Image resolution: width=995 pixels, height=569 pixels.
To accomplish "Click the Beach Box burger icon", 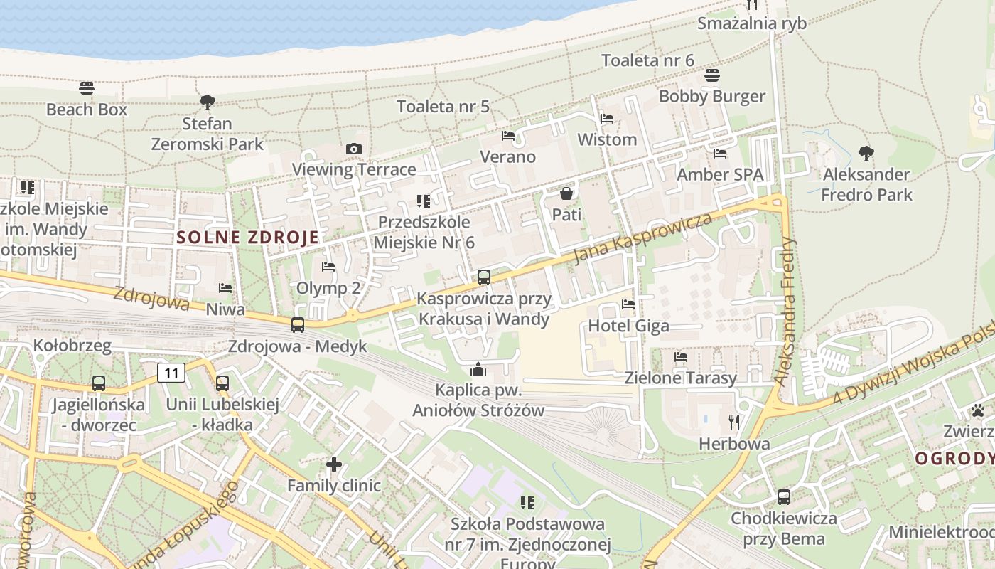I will (x=87, y=88).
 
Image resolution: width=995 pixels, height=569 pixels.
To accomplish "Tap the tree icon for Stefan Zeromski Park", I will (x=208, y=102).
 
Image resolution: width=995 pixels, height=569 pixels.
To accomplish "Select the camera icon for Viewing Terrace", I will (x=353, y=149).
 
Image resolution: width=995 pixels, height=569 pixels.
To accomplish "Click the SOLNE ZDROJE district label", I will (x=247, y=238).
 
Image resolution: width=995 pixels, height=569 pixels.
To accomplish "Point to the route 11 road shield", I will (x=171, y=372).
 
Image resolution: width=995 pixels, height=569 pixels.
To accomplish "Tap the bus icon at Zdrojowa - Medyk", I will (x=298, y=325).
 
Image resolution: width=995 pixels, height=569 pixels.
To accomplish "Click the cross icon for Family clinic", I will (x=334, y=465).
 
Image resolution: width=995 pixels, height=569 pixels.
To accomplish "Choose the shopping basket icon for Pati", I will (x=566, y=193).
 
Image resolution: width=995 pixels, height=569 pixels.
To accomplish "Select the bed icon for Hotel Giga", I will (x=628, y=305).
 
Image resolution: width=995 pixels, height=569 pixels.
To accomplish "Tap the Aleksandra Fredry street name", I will (x=787, y=311).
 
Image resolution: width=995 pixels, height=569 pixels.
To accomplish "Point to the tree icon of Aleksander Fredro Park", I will (x=866, y=153).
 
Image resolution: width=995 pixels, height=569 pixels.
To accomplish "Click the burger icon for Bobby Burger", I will (x=712, y=75).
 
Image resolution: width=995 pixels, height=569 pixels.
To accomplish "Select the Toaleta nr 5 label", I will (x=443, y=107).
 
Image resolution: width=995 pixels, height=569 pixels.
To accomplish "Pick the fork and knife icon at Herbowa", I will (x=734, y=422).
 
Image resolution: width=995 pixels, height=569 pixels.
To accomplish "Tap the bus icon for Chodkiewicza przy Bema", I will (x=784, y=497).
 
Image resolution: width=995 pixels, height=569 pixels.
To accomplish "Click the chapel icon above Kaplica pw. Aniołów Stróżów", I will (x=478, y=369).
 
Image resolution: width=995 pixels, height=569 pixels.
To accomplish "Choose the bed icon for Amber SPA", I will (x=720, y=154).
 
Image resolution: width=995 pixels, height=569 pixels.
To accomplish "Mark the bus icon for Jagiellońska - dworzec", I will (x=99, y=383).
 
